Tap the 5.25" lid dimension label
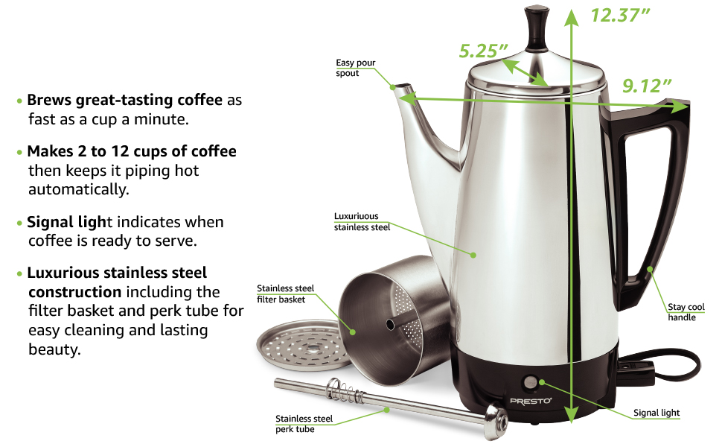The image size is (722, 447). [x=483, y=51]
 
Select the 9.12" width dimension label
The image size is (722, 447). [x=642, y=86]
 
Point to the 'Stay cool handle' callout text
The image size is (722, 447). [x=685, y=312]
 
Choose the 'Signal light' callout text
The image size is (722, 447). [x=656, y=413]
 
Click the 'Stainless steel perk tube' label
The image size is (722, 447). [x=304, y=424]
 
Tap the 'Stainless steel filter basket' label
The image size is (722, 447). [x=286, y=294]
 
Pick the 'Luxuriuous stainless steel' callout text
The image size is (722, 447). [x=362, y=222]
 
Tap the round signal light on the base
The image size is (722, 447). [x=530, y=382]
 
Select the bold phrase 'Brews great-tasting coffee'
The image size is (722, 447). [x=124, y=100]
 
